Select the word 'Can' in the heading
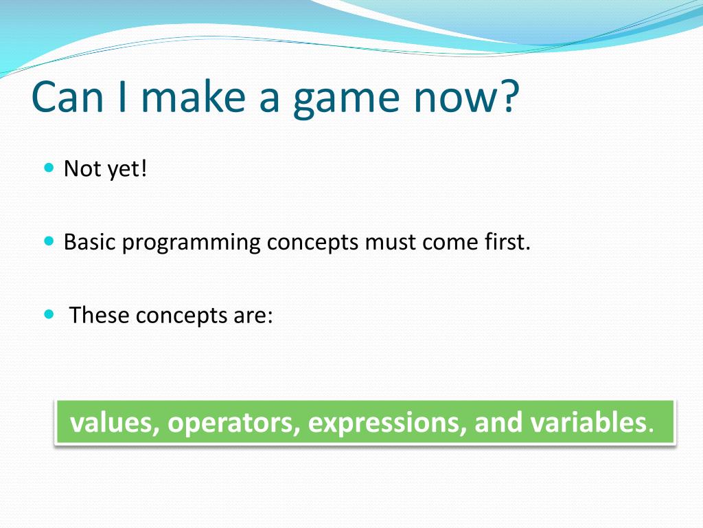coord(67,96)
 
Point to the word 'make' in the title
coord(193,96)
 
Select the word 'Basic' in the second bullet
coord(90,241)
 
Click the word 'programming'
coord(191,243)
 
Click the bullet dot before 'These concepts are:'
coord(49,314)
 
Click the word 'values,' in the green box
coord(115,423)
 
